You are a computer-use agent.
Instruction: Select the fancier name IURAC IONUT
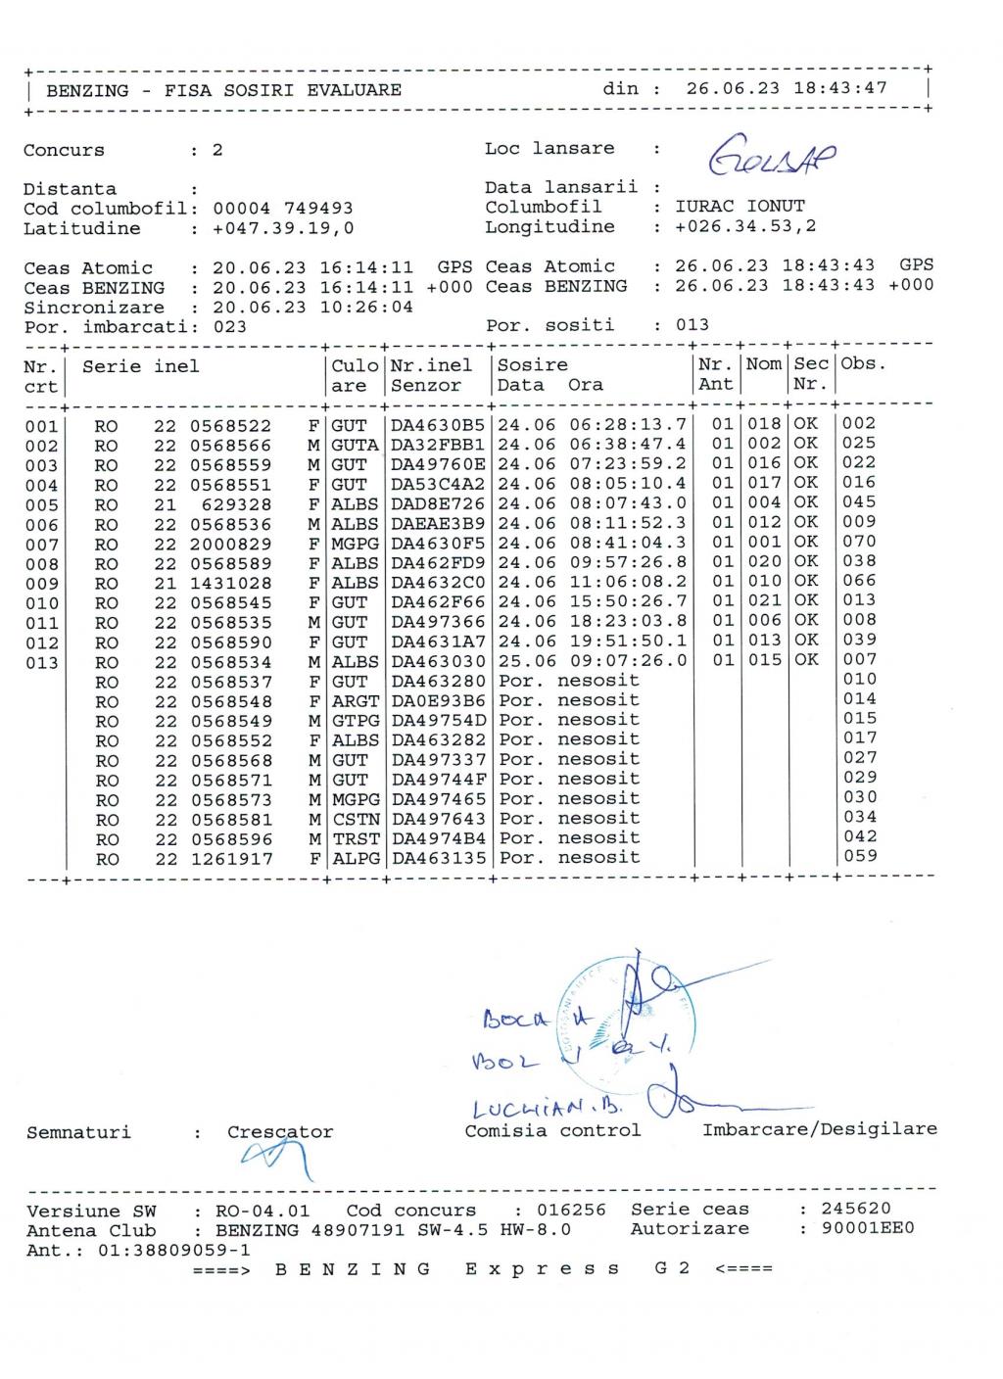tap(740, 207)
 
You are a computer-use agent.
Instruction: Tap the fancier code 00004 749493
tap(283, 209)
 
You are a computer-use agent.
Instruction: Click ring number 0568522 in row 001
tap(230, 426)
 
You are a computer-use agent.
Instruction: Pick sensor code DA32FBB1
tap(438, 445)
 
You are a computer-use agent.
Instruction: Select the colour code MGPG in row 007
tap(355, 544)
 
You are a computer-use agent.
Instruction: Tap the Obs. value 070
tap(859, 542)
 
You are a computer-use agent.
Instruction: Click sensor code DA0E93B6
tap(438, 701)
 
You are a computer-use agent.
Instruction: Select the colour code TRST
tap(355, 839)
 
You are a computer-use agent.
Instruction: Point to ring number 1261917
tap(230, 860)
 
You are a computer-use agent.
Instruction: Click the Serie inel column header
tap(140, 366)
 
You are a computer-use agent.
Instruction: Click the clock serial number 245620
tap(855, 1210)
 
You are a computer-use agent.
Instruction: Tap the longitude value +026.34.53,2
tap(744, 227)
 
